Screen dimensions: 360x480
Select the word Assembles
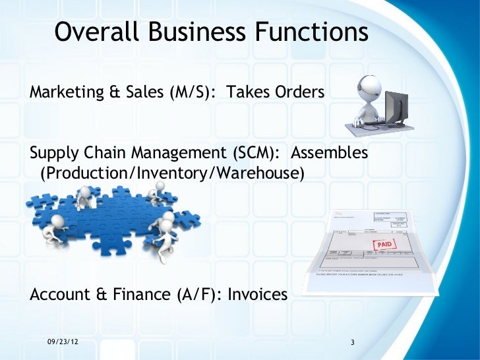(x=330, y=154)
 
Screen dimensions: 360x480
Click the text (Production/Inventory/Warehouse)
(x=173, y=173)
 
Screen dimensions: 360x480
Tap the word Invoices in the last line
(x=257, y=295)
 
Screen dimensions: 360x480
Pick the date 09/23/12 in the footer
(x=66, y=342)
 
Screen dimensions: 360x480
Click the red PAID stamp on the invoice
(x=384, y=245)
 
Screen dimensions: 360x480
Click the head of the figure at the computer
(x=366, y=86)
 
